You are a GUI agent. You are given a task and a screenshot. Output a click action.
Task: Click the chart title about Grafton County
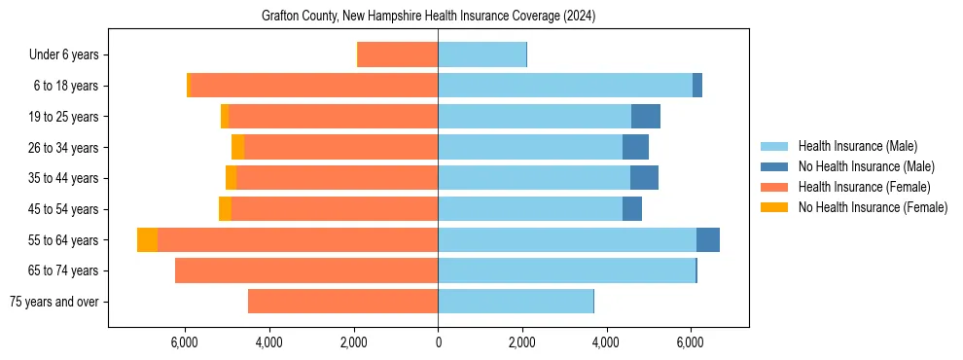[x=428, y=17]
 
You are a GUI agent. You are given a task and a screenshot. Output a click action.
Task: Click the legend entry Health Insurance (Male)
[x=857, y=146]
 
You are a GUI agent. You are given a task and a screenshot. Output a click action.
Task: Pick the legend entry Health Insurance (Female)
[x=864, y=187]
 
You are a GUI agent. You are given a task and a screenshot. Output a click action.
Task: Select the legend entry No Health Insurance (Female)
[x=873, y=207]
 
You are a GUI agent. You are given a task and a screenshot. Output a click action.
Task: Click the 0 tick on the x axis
[x=438, y=342]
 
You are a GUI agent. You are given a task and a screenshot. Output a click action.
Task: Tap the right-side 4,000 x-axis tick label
[x=606, y=342]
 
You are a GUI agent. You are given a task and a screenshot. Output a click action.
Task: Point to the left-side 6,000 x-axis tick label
[x=185, y=342]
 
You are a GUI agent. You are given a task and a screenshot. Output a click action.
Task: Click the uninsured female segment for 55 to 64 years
[x=147, y=240]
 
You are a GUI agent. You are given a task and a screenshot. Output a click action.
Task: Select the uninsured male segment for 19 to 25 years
[x=646, y=117]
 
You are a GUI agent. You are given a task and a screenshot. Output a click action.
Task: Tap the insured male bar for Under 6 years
[x=481, y=55]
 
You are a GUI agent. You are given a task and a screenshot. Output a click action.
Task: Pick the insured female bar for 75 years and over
[x=342, y=302]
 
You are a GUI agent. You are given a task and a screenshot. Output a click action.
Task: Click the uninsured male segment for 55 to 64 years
[x=708, y=240]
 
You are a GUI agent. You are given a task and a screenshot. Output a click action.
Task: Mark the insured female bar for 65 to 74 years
[x=306, y=270]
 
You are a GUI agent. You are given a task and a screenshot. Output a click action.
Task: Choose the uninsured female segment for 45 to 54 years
[x=225, y=209]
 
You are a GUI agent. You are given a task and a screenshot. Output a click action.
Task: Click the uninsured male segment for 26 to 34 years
[x=635, y=148]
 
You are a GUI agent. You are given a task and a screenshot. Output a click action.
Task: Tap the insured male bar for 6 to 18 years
[x=565, y=86]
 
